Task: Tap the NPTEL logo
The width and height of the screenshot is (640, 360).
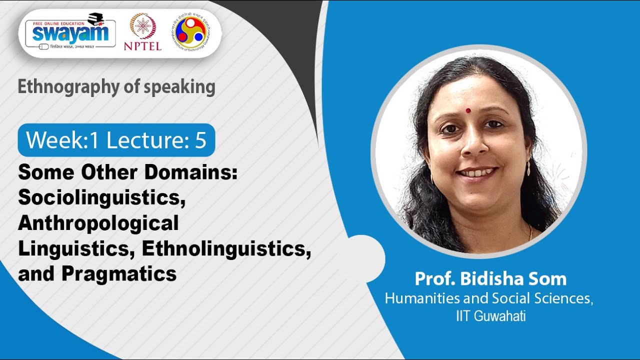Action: (x=142, y=32)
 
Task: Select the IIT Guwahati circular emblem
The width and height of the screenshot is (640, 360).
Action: (x=192, y=31)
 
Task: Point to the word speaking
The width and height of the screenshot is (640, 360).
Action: (x=185, y=87)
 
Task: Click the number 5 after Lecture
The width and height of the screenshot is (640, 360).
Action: (x=200, y=140)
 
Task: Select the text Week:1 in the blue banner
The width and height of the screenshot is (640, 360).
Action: (x=62, y=140)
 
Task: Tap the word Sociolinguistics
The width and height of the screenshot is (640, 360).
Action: (x=98, y=198)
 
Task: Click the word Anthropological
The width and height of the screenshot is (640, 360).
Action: (x=98, y=223)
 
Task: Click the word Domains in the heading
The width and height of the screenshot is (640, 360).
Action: (x=190, y=173)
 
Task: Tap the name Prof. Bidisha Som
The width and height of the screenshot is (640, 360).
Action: (x=490, y=279)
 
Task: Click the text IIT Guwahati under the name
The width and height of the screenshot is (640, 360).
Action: (x=490, y=316)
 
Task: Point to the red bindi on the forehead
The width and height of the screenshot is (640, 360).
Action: (x=468, y=110)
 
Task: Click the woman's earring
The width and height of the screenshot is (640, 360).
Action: (x=528, y=168)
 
